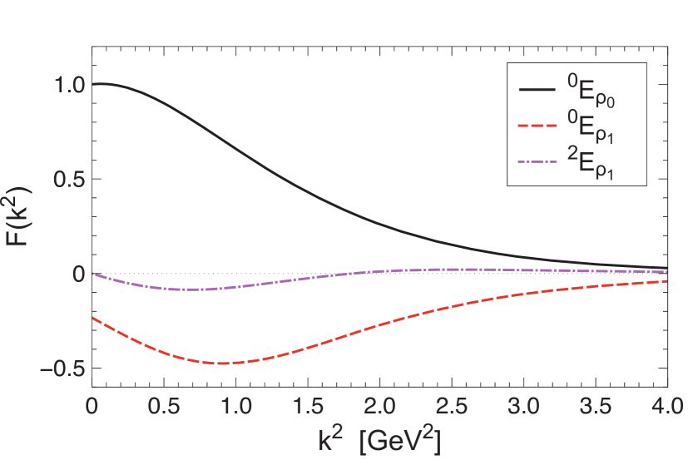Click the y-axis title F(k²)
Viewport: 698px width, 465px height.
25,226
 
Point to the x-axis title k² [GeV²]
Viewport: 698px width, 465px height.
379,438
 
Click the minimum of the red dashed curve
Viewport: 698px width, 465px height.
225,364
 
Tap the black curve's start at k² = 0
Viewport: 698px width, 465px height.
93,84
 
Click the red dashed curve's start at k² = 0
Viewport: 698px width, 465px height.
93,318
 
